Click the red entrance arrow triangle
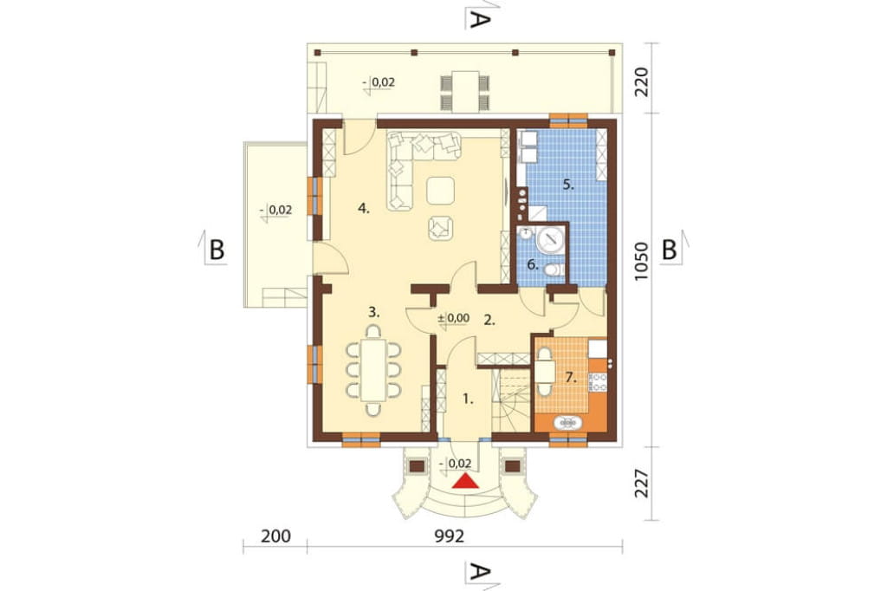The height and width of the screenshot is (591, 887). click(466, 481)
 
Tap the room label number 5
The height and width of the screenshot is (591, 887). click(569, 185)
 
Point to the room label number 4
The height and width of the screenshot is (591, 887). click(364, 208)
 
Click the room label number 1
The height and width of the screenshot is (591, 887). click(468, 399)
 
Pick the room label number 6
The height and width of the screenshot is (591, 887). click(533, 263)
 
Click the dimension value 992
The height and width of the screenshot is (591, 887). click(450, 536)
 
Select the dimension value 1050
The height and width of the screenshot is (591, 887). click(641, 262)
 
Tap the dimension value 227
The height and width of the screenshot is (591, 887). click(641, 483)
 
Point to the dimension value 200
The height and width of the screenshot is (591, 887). click(275, 536)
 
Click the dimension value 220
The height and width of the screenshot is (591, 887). click(641, 82)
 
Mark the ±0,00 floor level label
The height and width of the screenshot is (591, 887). click(454, 318)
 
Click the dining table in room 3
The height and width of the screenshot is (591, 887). click(373, 370)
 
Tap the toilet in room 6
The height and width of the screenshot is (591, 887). click(553, 270)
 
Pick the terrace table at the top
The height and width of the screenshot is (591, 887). click(465, 91)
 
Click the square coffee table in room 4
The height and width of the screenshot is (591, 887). click(440, 190)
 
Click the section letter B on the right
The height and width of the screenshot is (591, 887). click(670, 250)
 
